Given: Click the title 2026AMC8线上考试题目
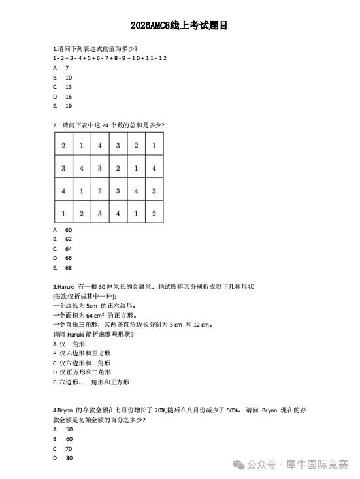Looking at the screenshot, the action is (x=179, y=26).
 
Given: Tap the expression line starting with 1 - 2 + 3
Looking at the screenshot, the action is (x=109, y=58).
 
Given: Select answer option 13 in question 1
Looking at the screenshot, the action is (x=68, y=86).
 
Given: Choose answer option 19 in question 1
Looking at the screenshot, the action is (x=68, y=105).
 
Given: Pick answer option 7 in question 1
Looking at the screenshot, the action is (x=67, y=67).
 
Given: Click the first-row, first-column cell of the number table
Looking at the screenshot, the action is (x=63, y=146).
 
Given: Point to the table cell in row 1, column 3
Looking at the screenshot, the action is (x=100, y=146).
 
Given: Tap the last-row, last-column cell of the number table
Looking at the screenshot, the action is (x=154, y=213).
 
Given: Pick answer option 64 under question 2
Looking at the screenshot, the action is (x=68, y=249).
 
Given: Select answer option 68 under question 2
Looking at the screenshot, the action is (x=68, y=268).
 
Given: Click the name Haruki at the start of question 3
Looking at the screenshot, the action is (x=66, y=286).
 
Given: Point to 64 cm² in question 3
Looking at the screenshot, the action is (x=95, y=314).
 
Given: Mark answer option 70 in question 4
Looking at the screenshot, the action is (x=69, y=449).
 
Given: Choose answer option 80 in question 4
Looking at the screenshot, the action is (x=69, y=459).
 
